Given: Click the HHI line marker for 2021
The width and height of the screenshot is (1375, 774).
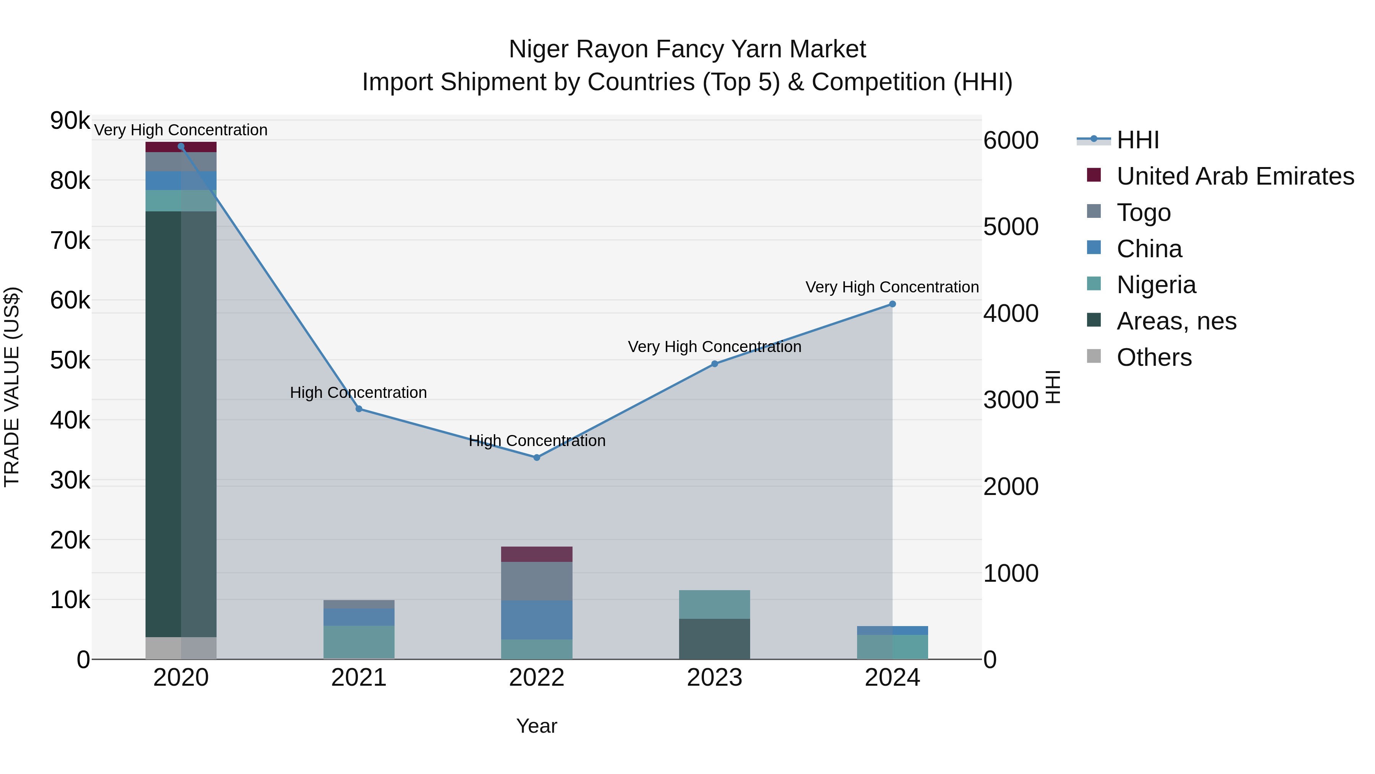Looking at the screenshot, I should pos(359,409).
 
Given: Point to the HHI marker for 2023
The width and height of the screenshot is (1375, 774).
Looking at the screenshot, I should pos(715,364).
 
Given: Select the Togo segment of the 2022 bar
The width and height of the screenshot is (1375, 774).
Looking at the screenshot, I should pos(537,581).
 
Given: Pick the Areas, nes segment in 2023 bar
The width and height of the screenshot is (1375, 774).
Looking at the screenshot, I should pos(715,639).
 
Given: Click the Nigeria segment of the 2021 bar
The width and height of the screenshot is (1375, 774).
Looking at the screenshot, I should pos(359,643).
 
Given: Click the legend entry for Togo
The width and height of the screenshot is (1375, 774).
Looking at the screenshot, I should pos(1143,213).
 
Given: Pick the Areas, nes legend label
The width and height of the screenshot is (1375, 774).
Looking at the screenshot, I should pos(1176,321).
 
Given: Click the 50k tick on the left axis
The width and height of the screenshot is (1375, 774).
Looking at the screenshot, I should pos(70,360).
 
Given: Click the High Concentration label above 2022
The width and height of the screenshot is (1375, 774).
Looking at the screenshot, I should pos(537,441).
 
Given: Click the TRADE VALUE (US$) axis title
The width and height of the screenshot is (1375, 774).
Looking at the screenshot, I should pos(13,387).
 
